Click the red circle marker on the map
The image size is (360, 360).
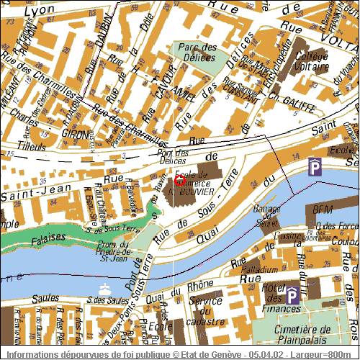[179, 181]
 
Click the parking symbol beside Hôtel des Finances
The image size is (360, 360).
[292, 294]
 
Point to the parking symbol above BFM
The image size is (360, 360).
[315, 167]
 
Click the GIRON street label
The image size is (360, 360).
[75, 135]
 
